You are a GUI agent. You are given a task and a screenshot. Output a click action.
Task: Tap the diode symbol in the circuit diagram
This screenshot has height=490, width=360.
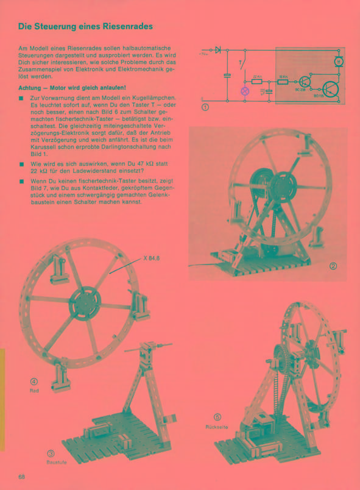tap(218, 48)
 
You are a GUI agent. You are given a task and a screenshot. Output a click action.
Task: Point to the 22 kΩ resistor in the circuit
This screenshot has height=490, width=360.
tap(256, 80)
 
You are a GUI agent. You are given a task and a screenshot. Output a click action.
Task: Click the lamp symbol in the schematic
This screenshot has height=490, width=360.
tap(245, 91)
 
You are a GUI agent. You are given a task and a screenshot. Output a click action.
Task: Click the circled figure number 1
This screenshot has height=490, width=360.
tap(205, 108)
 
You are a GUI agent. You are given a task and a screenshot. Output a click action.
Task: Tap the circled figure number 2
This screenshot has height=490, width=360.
tap(333, 265)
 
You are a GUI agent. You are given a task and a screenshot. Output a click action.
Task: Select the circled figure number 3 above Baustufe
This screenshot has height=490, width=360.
tap(51, 453)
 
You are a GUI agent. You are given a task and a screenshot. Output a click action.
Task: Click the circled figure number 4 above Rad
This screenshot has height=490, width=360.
tap(34, 382)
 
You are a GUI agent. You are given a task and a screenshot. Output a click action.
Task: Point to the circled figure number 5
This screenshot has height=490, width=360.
tap(216, 418)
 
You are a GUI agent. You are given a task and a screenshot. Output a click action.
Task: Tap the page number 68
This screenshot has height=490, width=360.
tap(21, 476)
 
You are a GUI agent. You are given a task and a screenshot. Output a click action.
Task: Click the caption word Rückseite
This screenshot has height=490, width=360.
tap(216, 427)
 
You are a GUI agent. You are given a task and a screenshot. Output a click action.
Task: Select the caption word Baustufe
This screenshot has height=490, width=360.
tap(55, 462)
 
